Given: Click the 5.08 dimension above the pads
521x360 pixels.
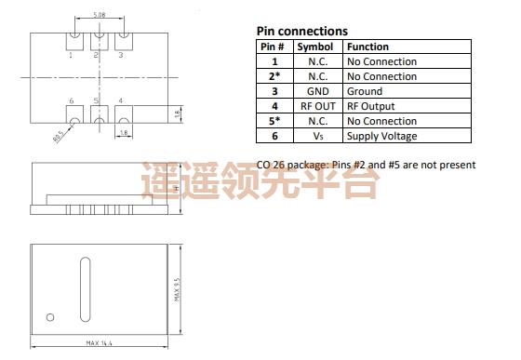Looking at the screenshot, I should click(x=98, y=16).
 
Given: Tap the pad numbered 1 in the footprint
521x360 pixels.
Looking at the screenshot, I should click(x=74, y=41).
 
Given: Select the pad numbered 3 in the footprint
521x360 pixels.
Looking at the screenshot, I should click(x=120, y=41).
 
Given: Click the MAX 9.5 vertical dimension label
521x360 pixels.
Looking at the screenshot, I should click(x=177, y=291).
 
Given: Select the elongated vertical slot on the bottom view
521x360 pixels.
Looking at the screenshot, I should click(x=85, y=289).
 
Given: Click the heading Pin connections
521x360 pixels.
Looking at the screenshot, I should click(x=301, y=31).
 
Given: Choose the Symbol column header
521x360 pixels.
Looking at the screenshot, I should click(x=314, y=47).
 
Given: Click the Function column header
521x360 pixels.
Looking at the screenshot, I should click(x=367, y=47).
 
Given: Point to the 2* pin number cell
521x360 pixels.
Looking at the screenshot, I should click(x=274, y=76).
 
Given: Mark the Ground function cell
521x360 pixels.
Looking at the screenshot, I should click(x=364, y=91).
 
